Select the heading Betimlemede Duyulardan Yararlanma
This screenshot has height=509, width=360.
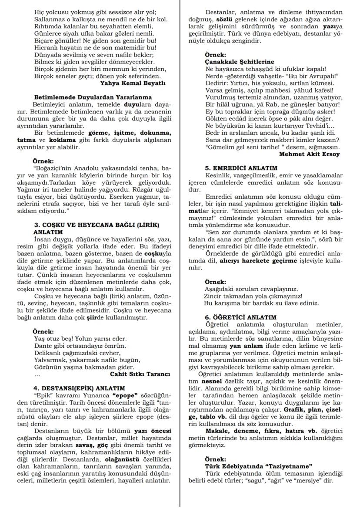(x=93, y=97)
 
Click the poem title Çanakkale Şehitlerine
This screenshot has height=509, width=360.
(x=239, y=62)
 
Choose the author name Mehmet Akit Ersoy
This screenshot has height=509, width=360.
(x=309, y=153)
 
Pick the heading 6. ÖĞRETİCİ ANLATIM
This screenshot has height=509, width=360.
(x=240, y=317)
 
